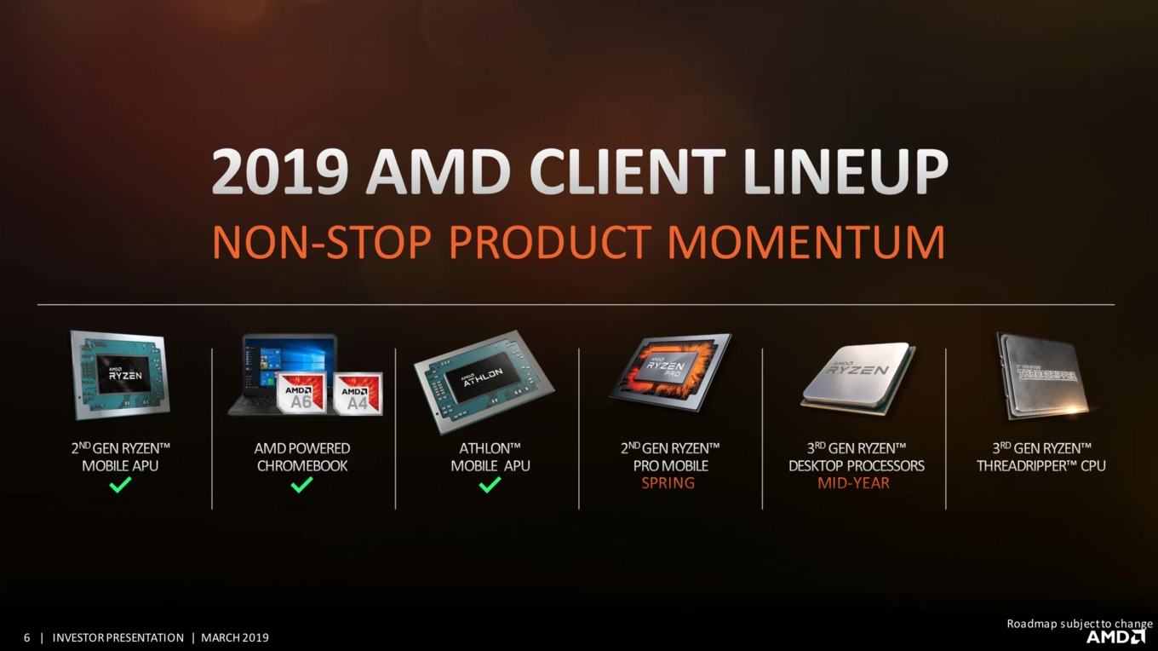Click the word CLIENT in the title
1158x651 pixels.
point(627,172)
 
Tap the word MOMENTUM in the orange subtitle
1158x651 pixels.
point(806,242)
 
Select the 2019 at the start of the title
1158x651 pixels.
point(279,172)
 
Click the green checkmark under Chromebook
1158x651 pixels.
point(302,484)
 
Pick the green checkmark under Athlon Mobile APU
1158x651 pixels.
point(490,484)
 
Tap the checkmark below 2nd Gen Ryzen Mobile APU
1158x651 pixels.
point(120,484)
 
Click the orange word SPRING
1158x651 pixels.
point(668,483)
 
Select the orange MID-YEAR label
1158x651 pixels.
point(853,483)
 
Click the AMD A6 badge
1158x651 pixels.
point(301,393)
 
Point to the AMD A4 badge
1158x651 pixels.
point(358,394)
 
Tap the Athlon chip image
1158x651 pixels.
point(484,382)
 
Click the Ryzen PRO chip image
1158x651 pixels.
point(670,372)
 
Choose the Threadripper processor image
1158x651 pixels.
point(1043,377)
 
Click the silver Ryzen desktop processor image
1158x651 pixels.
point(858,377)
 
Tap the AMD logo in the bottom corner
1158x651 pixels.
point(1115,637)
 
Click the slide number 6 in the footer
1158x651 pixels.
point(27,637)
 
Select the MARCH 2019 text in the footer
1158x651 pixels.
point(235,637)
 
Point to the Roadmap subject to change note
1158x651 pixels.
point(1080,624)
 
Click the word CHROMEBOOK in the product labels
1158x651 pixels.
point(302,466)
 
